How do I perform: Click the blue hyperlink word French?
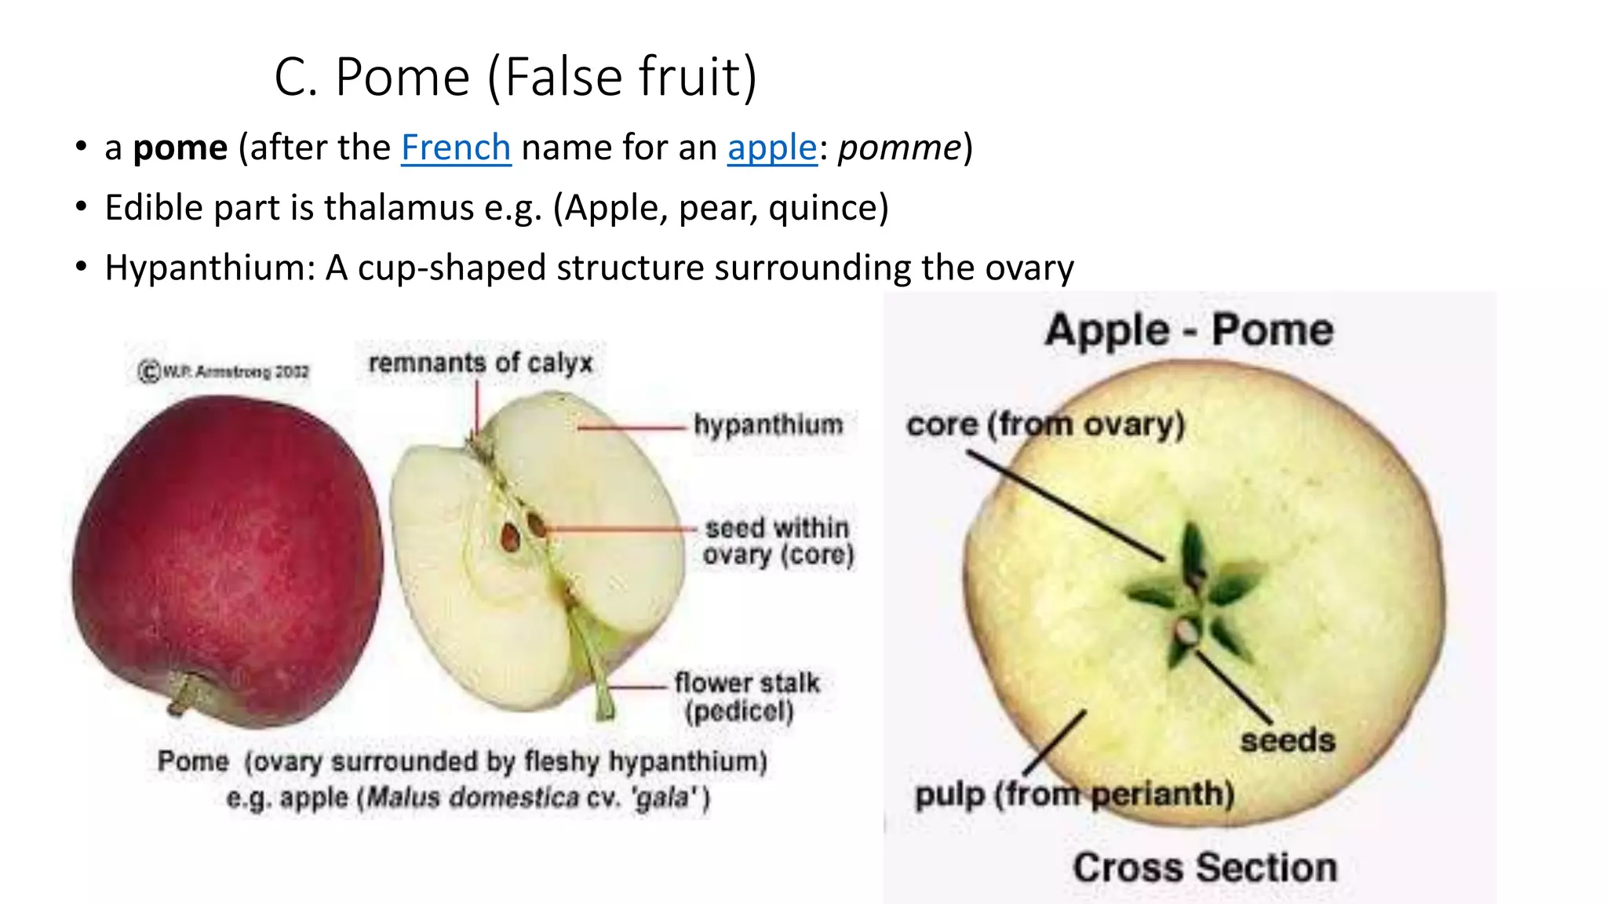(x=456, y=148)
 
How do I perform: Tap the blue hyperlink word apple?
(x=772, y=148)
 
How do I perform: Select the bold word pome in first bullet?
(x=180, y=148)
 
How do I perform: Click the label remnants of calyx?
(x=480, y=363)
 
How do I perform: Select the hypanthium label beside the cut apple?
(x=768, y=425)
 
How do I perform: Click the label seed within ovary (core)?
(x=777, y=541)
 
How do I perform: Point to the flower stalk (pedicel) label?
(x=745, y=697)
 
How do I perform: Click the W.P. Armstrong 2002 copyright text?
(x=224, y=371)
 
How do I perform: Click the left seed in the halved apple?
(x=510, y=538)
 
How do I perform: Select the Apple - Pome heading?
(x=1189, y=329)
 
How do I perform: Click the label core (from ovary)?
(x=1045, y=425)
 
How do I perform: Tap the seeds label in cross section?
(x=1287, y=740)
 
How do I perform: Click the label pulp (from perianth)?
(x=1074, y=794)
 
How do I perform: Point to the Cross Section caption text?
(x=1204, y=868)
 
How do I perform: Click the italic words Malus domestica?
(x=473, y=798)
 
